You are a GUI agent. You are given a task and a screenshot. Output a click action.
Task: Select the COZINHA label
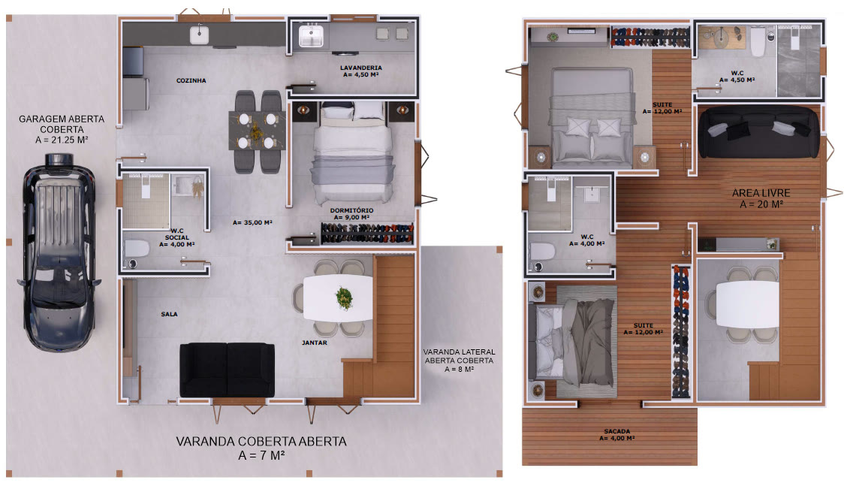(191, 81)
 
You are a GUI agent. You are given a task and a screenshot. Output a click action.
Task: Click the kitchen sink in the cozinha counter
(199, 35)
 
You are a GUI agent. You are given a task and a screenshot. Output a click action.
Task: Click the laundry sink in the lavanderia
(311, 37)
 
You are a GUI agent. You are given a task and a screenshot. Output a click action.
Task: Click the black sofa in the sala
(227, 370)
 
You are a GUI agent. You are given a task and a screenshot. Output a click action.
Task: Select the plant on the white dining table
(343, 297)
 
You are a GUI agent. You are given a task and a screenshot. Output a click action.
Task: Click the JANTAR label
(315, 343)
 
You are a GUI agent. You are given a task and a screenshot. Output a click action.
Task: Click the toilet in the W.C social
(137, 249)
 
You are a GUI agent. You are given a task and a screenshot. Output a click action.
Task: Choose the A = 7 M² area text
(261, 456)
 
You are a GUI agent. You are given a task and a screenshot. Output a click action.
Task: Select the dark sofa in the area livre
(759, 132)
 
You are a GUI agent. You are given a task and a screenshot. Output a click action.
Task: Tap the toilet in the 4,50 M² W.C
(758, 41)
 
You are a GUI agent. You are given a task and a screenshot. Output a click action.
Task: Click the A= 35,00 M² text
(252, 222)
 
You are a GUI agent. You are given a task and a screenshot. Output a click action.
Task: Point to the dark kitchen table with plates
(258, 130)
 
